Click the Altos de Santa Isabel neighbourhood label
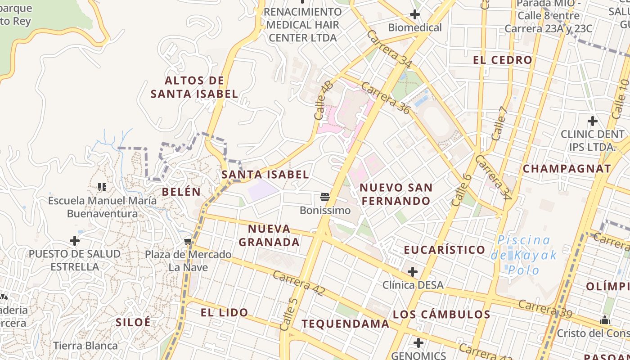pyautogui.click(x=194, y=87)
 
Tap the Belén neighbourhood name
pyautogui.click(x=181, y=192)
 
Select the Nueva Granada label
pyautogui.click(x=269, y=235)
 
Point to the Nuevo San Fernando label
pyautogui.click(x=396, y=194)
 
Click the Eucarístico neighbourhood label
pyautogui.click(x=444, y=250)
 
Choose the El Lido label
pyautogui.click(x=224, y=312)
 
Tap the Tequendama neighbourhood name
pyautogui.click(x=345, y=324)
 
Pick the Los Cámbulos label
pyautogui.click(x=441, y=315)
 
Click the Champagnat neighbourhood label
pyautogui.click(x=567, y=169)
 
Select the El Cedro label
pyautogui.click(x=503, y=60)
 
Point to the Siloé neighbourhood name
pyautogui.click(x=133, y=322)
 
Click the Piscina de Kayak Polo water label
pyautogui.click(x=523, y=255)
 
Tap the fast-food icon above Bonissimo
pyautogui.click(x=325, y=197)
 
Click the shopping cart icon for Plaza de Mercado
pyautogui.click(x=188, y=242)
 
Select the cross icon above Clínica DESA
pyautogui.click(x=412, y=272)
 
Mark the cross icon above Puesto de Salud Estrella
pyautogui.click(x=75, y=241)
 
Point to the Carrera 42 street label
pyautogui.click(x=298, y=283)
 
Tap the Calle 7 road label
pyautogui.click(x=499, y=123)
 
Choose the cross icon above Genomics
pyautogui.click(x=418, y=343)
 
